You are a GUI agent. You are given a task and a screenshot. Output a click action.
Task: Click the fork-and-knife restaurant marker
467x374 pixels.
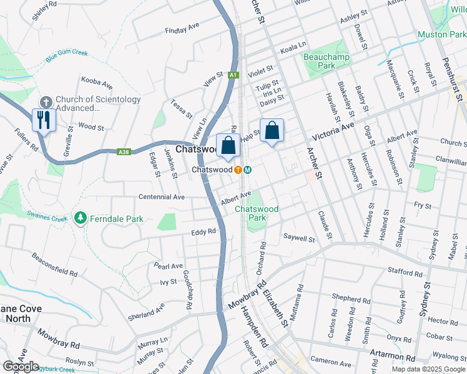pyautogui.click(x=44, y=120)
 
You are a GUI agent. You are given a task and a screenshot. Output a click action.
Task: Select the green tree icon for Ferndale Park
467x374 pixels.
pyautogui.click(x=80, y=218)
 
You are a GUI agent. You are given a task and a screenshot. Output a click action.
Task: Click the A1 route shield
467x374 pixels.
pyautogui.click(x=233, y=75)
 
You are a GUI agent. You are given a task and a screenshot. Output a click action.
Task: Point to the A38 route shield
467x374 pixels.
pyautogui.click(x=125, y=151)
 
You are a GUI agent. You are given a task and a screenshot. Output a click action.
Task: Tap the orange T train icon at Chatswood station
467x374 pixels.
pyautogui.click(x=238, y=170)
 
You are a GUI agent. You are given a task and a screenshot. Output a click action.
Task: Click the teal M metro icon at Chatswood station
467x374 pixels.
pyautogui.click(x=248, y=170)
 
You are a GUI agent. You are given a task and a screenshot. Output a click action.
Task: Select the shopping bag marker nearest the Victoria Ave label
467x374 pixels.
pyautogui.click(x=272, y=131)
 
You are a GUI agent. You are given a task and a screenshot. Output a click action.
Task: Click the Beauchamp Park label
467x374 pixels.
pyautogui.click(x=319, y=61)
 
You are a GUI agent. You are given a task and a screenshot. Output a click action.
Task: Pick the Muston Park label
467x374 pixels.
pyautogui.click(x=441, y=34)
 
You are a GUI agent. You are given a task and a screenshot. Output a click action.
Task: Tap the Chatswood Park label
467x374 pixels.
pyautogui.click(x=256, y=213)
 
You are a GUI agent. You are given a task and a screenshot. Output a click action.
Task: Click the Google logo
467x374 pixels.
pyautogui.click(x=21, y=367)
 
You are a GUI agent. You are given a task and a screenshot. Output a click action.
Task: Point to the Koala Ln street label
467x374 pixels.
pyautogui.click(x=294, y=45)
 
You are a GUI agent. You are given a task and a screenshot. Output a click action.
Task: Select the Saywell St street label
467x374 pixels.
pyautogui.click(x=299, y=238)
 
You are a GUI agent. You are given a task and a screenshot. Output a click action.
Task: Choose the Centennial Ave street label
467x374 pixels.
pyautogui.click(x=162, y=197)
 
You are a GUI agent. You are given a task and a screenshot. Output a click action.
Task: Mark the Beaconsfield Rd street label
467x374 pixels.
pyautogui.click(x=54, y=265)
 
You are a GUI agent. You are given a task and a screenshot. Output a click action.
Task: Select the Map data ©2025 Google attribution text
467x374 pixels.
pyautogui.click(x=429, y=369)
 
